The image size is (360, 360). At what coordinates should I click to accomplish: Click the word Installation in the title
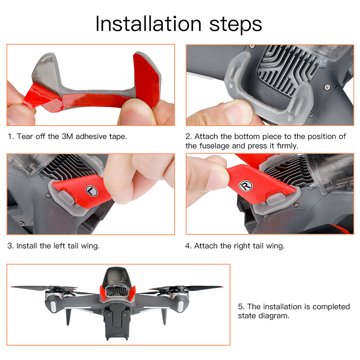(149, 24)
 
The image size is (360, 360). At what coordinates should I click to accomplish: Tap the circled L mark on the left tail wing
(92, 191)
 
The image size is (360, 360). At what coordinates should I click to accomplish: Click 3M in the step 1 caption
(67, 136)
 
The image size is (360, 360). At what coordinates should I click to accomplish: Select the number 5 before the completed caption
(240, 307)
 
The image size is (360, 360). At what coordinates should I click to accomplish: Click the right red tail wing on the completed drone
(132, 293)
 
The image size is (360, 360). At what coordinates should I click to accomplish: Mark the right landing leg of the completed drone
(164, 316)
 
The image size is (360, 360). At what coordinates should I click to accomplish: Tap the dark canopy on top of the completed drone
(117, 277)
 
